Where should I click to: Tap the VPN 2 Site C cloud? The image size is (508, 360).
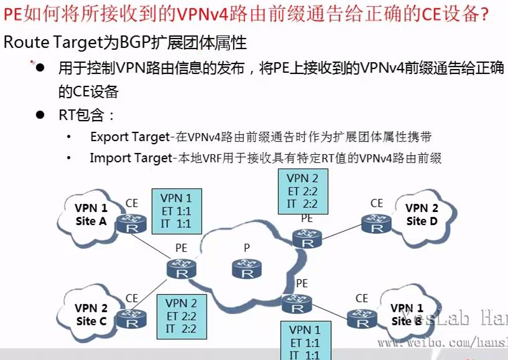(x=91, y=314)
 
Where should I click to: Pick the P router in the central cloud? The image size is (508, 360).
(x=247, y=269)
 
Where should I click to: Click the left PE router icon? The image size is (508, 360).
(x=182, y=269)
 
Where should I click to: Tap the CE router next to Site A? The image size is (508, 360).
(x=132, y=222)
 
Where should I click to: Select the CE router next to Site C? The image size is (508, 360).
(x=132, y=318)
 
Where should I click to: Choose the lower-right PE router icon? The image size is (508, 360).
(x=296, y=304)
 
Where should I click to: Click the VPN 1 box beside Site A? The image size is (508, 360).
(x=176, y=211)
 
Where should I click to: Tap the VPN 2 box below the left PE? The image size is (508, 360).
(x=182, y=316)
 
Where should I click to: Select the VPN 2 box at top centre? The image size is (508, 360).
(x=303, y=191)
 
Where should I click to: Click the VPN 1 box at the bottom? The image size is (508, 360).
(x=305, y=341)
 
